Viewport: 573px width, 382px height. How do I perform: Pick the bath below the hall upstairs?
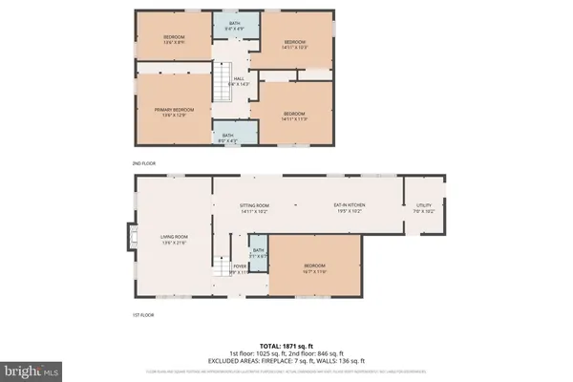pyautogui.click(x=227, y=138)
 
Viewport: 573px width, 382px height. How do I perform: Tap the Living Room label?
pyautogui.click(x=174, y=239)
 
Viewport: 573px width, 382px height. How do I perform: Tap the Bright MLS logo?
pyautogui.click(x=32, y=368)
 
